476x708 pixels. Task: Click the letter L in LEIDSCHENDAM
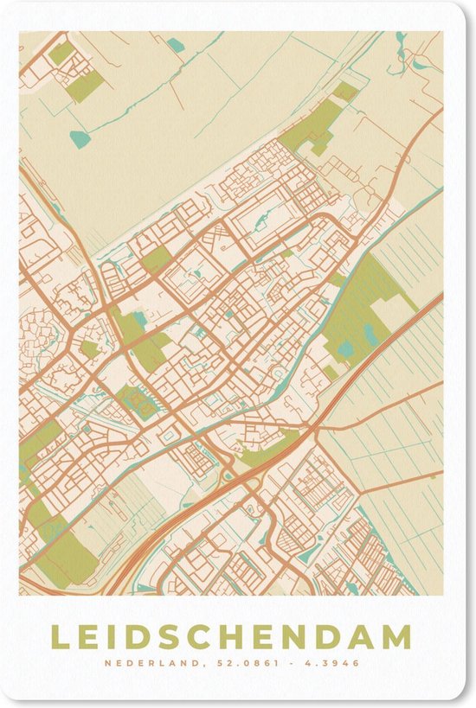(60, 637)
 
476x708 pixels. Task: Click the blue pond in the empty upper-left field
(80, 138)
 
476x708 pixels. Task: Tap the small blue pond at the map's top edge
(177, 45)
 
